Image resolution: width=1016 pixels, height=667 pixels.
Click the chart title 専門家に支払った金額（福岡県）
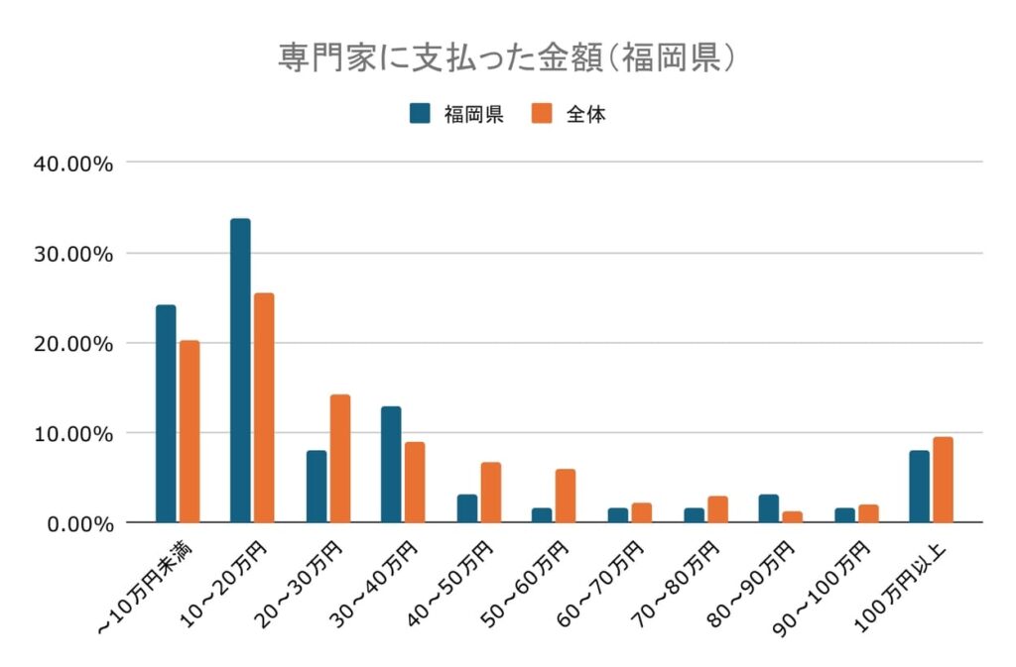[507, 56]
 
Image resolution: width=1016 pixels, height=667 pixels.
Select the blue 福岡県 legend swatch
[420, 113]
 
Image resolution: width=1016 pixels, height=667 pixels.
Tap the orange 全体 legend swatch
[542, 113]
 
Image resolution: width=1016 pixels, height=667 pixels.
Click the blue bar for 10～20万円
[240, 371]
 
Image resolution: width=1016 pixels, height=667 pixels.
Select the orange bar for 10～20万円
[264, 407]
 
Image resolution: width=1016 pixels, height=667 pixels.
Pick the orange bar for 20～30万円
[340, 458]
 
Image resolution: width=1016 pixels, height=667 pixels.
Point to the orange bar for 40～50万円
[491, 492]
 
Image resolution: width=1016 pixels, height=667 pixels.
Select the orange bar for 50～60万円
[566, 496]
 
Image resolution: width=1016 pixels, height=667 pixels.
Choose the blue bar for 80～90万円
[769, 508]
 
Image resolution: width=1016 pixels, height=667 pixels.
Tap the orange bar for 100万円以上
[943, 480]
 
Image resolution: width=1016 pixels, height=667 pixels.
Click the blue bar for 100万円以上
[919, 487]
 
